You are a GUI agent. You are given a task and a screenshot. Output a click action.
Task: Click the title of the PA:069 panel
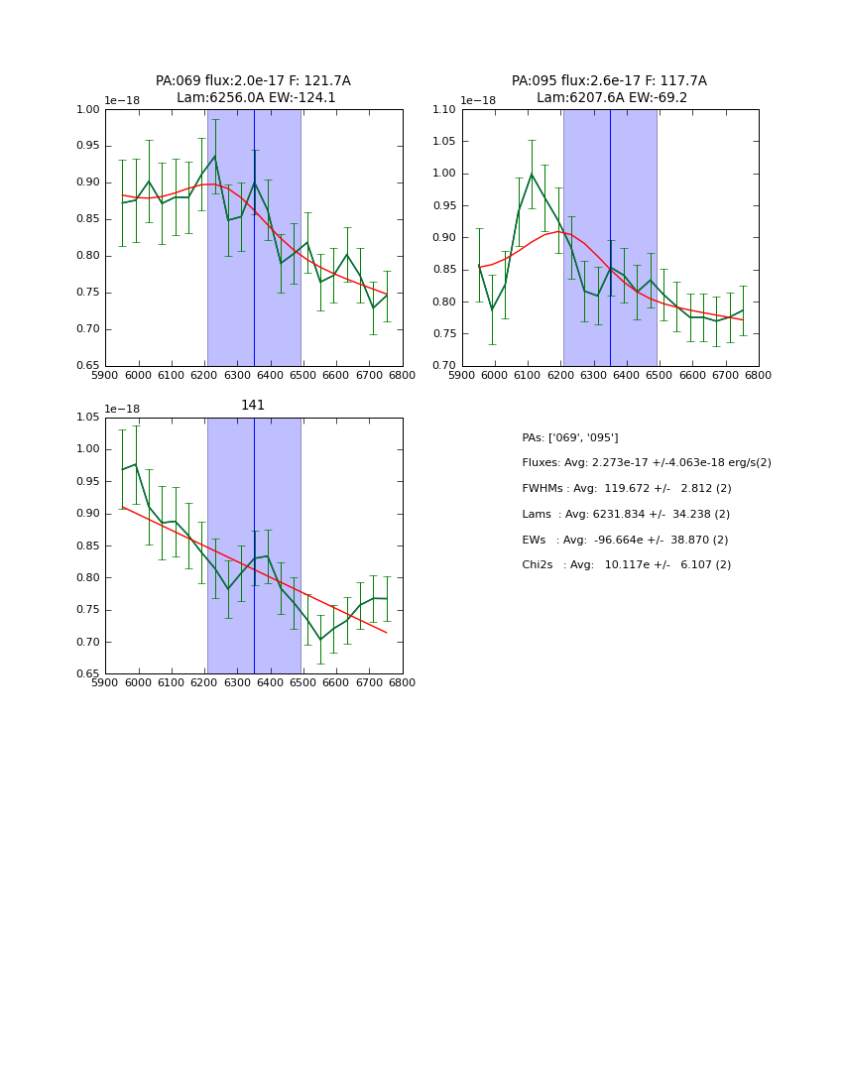253,89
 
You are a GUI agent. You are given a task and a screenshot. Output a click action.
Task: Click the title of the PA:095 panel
609,89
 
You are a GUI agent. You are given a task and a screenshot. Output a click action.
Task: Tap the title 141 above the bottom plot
253,406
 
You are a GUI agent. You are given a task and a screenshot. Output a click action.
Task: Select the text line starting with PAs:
569,437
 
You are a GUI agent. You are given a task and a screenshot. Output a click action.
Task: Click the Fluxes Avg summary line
646,463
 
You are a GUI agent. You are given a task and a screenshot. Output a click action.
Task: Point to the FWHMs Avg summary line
626,489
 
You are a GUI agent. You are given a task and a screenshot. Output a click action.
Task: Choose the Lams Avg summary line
626,515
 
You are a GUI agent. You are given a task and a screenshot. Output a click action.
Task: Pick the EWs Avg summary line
626,541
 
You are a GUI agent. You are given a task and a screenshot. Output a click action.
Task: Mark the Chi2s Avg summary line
626,565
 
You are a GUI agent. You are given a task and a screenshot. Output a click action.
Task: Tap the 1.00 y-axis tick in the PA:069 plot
87,110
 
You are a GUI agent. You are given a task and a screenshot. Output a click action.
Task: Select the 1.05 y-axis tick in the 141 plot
87,418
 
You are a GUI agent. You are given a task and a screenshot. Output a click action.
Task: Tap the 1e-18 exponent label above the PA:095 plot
479,100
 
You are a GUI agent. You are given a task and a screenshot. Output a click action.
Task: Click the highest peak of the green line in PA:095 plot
531,175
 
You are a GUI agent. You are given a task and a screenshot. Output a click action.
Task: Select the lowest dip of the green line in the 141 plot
320,640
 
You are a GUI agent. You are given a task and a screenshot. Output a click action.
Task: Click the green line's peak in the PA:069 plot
214,156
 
